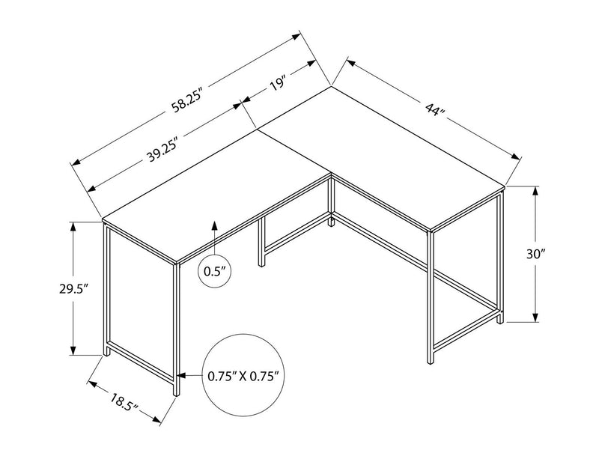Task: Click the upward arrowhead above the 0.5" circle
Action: (x=215, y=225)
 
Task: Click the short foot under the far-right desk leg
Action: (x=500, y=319)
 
